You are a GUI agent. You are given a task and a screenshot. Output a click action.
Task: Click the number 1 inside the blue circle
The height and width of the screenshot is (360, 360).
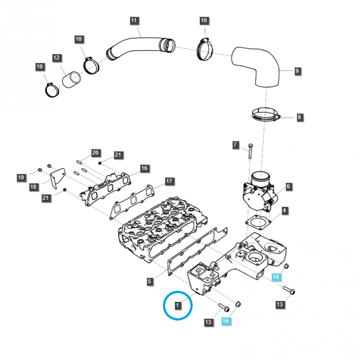pos(178,306)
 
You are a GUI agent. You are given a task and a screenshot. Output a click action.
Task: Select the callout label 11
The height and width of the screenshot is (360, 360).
pos(134,21)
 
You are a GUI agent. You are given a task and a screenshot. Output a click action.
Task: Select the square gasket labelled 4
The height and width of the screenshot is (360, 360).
pos(259,222)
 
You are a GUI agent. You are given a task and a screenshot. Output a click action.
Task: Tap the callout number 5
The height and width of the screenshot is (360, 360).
pos(149,282)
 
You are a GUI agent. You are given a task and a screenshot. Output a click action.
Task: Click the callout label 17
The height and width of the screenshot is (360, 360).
pos(169,181)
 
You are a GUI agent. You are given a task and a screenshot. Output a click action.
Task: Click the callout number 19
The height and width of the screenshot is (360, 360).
pos(21,178)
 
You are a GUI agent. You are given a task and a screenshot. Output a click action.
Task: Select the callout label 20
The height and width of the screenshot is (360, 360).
pos(95,153)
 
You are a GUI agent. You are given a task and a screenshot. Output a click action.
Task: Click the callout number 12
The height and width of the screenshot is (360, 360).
pos(56,58)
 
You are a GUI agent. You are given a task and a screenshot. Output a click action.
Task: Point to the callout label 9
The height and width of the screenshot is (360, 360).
pos(297,71)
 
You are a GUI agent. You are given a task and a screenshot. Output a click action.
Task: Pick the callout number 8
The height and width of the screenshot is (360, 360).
pos(300,117)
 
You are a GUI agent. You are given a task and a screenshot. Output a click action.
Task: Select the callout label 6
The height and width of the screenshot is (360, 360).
pos(288,186)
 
